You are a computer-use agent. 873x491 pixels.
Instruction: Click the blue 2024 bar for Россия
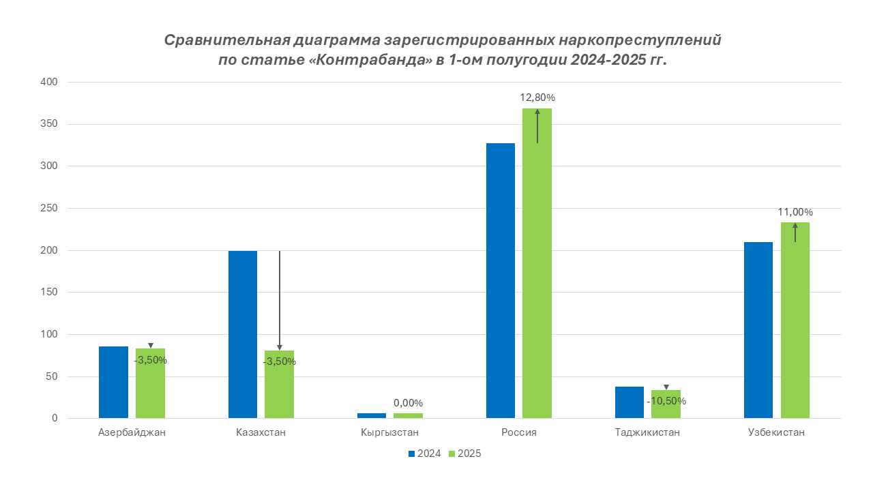[500, 280]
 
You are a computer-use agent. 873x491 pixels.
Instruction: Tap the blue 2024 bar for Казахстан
[243, 334]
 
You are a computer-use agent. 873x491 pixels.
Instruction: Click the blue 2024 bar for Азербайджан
[113, 382]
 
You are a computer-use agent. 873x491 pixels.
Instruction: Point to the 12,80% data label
[537, 98]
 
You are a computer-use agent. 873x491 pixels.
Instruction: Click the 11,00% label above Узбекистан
[795, 212]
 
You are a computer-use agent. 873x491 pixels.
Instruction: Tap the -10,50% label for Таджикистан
[666, 401]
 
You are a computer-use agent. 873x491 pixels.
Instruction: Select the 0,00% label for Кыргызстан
[408, 403]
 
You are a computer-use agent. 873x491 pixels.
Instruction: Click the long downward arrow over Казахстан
[280, 300]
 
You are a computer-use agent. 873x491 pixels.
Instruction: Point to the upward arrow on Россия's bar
[537, 126]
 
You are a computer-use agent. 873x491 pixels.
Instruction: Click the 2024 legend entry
[424, 453]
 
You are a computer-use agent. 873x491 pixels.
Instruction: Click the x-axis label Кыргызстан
[389, 432]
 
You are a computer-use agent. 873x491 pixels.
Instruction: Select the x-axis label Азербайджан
[132, 432]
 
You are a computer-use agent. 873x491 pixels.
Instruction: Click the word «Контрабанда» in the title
[371, 60]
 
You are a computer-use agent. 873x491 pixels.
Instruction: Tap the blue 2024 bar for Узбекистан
[758, 330]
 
